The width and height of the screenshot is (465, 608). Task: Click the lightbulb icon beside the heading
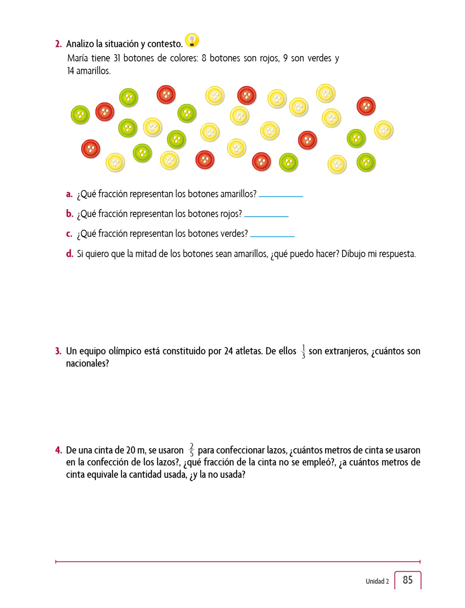[x=192, y=40]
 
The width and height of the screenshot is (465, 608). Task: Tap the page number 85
[x=408, y=580]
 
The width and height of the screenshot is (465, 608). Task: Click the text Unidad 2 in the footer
[x=377, y=581]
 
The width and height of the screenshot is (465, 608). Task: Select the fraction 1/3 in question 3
[x=303, y=351]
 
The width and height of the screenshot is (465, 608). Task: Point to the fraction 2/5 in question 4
[x=191, y=450]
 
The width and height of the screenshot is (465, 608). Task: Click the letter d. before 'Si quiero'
[x=70, y=254]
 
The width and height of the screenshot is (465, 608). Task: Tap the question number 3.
[x=58, y=351]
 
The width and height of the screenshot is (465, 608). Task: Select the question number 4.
[x=58, y=450]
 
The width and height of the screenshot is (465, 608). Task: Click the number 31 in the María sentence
[x=117, y=58]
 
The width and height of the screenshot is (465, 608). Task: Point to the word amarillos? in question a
[x=239, y=194]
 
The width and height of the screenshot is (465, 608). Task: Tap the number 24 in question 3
[x=228, y=351]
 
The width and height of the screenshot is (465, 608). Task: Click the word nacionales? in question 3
[x=87, y=363]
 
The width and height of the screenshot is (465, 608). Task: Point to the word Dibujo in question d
[x=354, y=254]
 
